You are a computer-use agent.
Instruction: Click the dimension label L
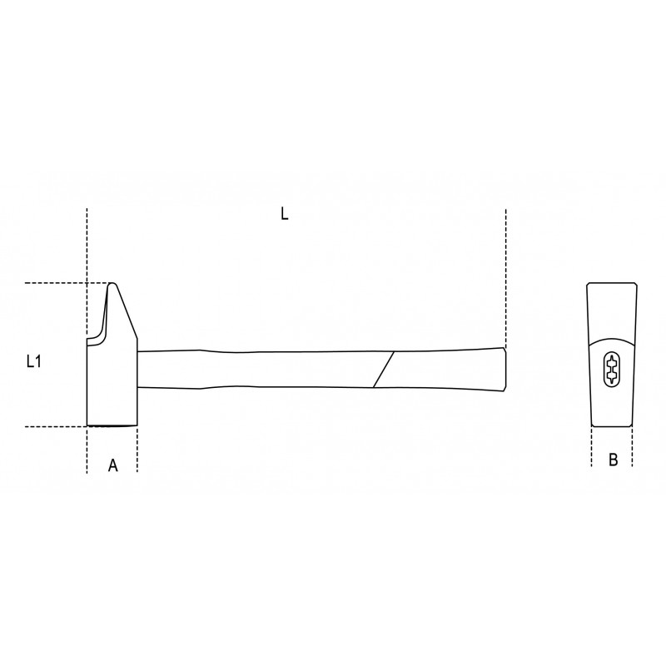pos(284,213)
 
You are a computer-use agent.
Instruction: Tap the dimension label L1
pos(33,361)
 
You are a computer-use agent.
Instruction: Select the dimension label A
pos(112,465)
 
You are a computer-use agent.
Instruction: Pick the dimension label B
pos(613,460)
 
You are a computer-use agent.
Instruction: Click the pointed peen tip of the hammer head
pos(112,284)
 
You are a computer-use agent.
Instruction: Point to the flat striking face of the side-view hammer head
pos(112,425)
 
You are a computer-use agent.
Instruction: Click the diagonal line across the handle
pos(384,369)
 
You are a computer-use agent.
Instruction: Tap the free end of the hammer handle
pos(505,369)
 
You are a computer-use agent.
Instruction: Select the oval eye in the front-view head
pos(611,369)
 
